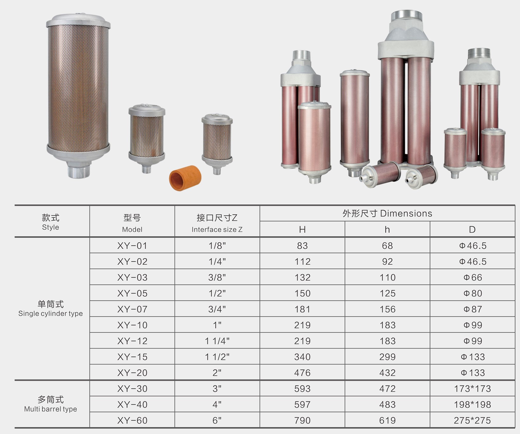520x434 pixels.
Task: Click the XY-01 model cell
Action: click(x=132, y=246)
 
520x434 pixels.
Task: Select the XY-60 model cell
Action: click(x=132, y=420)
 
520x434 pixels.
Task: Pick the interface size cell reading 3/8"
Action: click(x=217, y=277)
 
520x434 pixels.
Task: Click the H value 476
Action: click(x=302, y=373)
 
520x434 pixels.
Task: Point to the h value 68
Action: click(x=387, y=246)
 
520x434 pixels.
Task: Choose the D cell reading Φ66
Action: click(x=472, y=277)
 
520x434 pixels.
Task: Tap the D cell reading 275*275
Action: click(x=472, y=420)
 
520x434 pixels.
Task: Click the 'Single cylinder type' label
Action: click(x=51, y=313)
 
